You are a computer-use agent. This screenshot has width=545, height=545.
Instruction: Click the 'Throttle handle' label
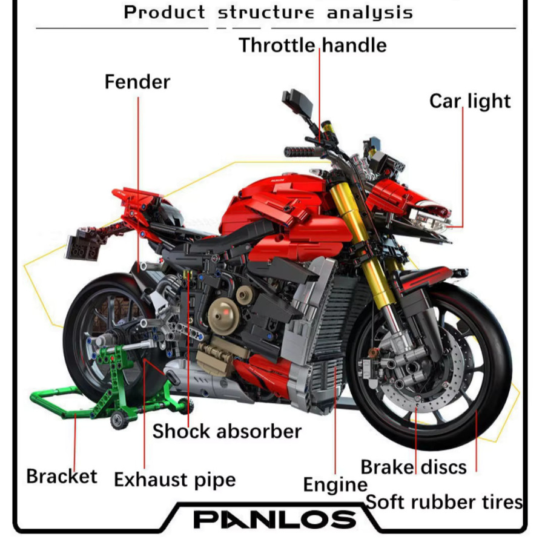click(312, 45)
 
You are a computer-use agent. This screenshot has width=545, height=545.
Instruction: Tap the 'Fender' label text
click(137, 82)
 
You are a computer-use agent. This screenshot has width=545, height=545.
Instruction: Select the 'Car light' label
click(470, 101)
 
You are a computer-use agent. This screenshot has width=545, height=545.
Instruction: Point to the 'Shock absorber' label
click(227, 431)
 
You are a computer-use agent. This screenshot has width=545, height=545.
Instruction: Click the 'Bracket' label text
click(62, 476)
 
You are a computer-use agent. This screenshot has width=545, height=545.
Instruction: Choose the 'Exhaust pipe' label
click(175, 480)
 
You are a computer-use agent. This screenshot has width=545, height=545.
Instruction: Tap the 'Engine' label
click(335, 484)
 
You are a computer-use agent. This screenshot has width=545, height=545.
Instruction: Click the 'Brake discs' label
click(414, 467)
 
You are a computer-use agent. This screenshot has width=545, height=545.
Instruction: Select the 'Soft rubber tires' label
click(444, 502)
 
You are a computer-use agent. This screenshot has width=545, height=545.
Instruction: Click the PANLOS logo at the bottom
click(274, 520)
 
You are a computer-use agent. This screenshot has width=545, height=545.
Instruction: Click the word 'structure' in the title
click(266, 13)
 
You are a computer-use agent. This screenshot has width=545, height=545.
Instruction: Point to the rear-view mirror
click(297, 101)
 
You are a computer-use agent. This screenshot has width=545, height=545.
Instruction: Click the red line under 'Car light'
click(463, 167)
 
